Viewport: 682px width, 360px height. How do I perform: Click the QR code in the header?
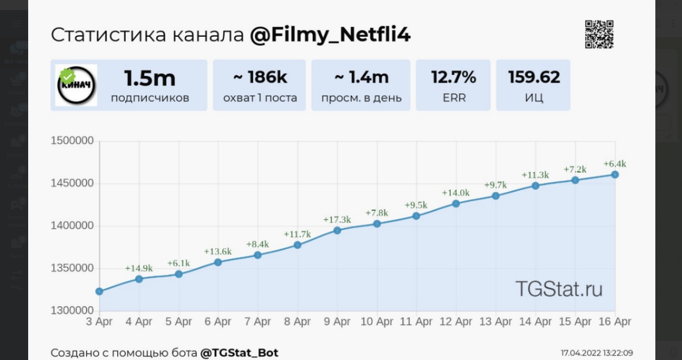[x=599, y=34]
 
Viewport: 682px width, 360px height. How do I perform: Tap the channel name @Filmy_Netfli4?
[x=330, y=35]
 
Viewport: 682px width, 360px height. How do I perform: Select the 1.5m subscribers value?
[x=150, y=78]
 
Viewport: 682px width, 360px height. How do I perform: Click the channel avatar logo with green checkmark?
[x=76, y=85]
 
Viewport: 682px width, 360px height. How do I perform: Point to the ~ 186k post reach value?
[x=260, y=77]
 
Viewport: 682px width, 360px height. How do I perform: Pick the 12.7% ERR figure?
[x=453, y=77]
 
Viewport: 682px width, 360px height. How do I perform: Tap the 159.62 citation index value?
[x=534, y=77]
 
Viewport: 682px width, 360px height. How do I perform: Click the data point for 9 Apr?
[x=337, y=230]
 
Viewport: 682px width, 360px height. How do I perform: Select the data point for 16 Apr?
[x=615, y=174]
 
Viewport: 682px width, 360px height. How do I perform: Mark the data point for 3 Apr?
[x=99, y=291]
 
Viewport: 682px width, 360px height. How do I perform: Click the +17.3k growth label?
[x=337, y=220]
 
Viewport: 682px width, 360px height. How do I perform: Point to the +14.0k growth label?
[x=456, y=193]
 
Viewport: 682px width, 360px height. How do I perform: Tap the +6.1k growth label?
[x=179, y=263]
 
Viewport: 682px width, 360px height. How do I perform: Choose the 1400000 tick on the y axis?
[x=72, y=226]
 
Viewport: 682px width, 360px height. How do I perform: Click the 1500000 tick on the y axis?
[x=72, y=141]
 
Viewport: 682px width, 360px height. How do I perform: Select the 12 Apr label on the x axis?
[x=456, y=321]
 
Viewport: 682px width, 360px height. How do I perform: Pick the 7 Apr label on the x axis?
[x=258, y=321]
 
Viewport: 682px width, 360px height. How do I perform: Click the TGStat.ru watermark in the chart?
[x=559, y=289]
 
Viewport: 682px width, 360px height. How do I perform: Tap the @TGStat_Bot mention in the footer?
[x=239, y=353]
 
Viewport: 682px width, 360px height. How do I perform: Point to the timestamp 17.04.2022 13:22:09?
[x=596, y=353]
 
